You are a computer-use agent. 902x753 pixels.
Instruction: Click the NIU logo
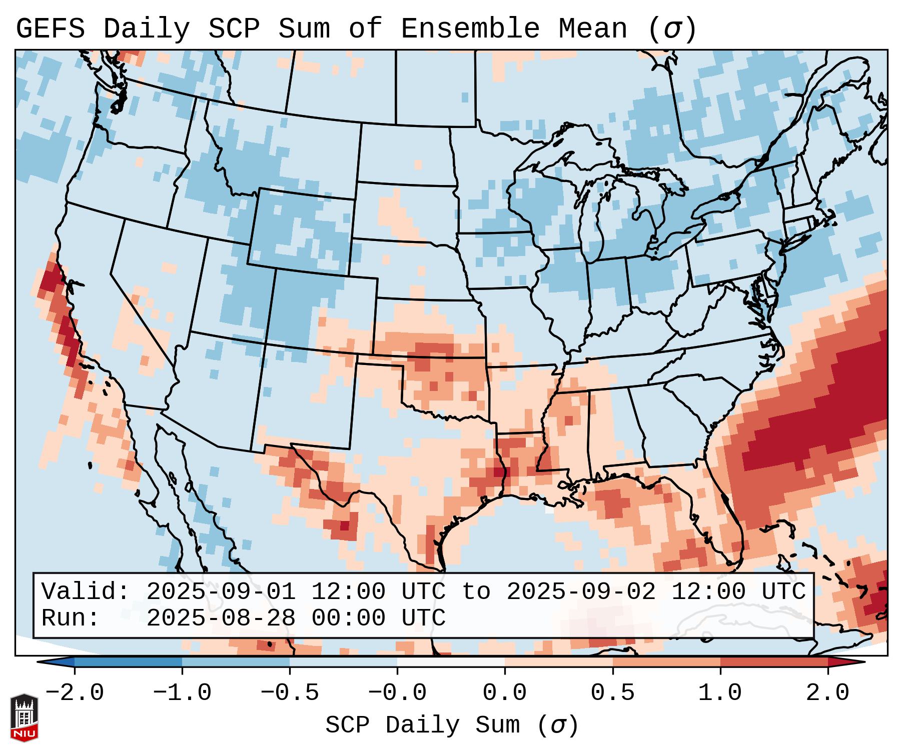click(24, 717)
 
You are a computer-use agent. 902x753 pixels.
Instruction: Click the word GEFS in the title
click(50, 29)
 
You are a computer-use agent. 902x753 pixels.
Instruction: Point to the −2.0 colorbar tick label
click(75, 693)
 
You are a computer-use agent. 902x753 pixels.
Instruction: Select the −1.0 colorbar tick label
click(182, 693)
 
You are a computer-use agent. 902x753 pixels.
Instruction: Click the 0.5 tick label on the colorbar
click(612, 693)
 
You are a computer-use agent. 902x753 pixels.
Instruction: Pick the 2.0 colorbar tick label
click(827, 693)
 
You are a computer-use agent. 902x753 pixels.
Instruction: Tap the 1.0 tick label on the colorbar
click(720, 693)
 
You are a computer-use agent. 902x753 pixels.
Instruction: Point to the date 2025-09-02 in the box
click(581, 591)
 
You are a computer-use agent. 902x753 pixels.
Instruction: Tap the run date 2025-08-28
click(221, 618)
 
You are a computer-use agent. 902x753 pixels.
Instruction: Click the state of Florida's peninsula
click(725, 525)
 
